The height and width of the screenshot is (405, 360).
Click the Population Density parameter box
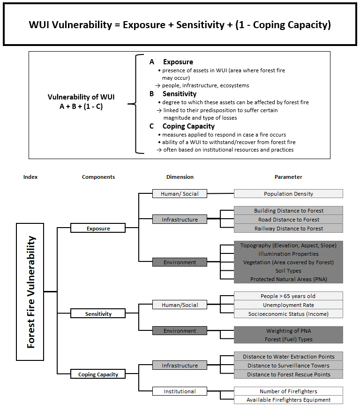click(288, 194)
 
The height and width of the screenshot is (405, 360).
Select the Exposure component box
click(98, 228)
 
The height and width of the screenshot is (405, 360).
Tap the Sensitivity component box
click(98, 313)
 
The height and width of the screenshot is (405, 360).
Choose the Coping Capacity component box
click(98, 374)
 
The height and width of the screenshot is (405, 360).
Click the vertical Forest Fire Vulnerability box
click(30, 292)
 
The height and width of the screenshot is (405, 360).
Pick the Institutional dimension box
click(180, 391)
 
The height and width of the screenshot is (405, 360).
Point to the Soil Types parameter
click(288, 271)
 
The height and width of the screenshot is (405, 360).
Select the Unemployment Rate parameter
click(288, 305)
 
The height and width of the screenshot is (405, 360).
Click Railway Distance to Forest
click(288, 229)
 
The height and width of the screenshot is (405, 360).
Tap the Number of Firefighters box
click(288, 391)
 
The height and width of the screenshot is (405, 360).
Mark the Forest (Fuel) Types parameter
click(288, 339)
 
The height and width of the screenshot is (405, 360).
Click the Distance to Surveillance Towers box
click(288, 366)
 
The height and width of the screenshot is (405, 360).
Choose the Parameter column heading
click(288, 177)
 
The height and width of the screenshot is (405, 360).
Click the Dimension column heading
click(180, 177)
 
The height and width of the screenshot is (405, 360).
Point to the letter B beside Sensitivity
click(152, 94)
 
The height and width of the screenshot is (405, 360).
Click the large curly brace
click(136, 104)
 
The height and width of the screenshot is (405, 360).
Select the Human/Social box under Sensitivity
click(180, 305)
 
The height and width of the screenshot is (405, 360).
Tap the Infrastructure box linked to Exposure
click(180, 219)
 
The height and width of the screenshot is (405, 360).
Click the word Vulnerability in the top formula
click(82, 25)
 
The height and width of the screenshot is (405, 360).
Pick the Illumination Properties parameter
click(288, 254)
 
